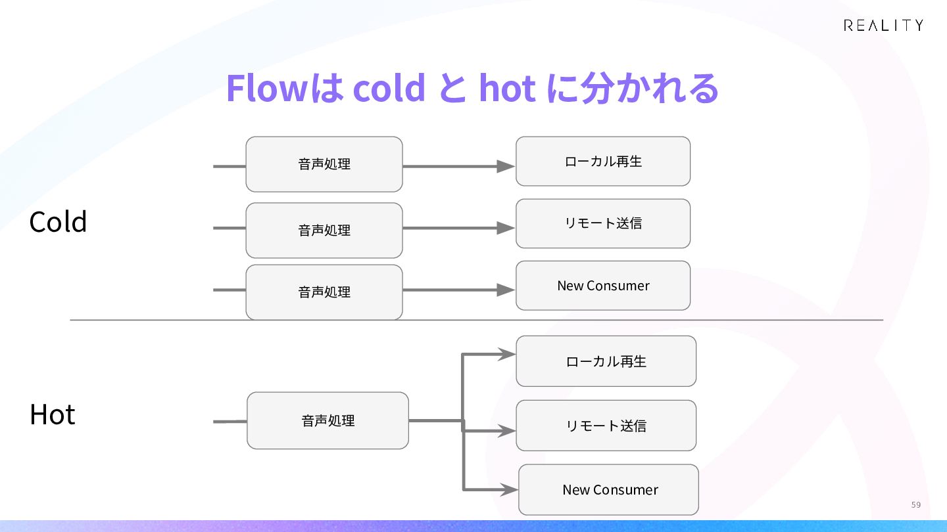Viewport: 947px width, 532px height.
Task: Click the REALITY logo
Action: pos(883,26)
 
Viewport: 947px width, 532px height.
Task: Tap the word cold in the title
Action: pos(389,87)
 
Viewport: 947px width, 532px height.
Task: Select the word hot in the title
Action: pos(507,87)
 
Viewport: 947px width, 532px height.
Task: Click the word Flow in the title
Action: pos(267,87)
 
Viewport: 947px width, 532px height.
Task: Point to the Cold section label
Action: pos(58,222)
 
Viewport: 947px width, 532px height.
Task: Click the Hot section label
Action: pos(53,414)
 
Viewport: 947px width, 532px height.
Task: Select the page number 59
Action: pos(915,504)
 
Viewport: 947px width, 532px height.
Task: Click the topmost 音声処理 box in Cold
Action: pos(324,164)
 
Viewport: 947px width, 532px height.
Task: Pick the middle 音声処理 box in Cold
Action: pos(324,230)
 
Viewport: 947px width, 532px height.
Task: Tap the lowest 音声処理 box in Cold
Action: pos(324,292)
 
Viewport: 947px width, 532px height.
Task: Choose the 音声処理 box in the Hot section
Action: pos(328,420)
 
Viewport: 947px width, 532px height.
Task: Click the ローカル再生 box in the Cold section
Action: pos(603,162)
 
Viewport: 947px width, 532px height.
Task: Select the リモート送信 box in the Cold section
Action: pos(603,223)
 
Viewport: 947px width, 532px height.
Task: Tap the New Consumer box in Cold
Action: pos(603,286)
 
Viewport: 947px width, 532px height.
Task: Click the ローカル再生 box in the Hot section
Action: pos(606,361)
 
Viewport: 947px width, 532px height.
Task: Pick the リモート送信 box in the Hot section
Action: pos(606,426)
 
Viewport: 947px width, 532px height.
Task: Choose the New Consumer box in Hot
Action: pos(609,490)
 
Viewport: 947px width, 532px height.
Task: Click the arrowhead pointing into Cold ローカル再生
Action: pos(506,166)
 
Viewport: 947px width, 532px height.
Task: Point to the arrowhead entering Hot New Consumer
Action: pos(509,490)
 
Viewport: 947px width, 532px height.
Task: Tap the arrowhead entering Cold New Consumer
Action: pos(506,290)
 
